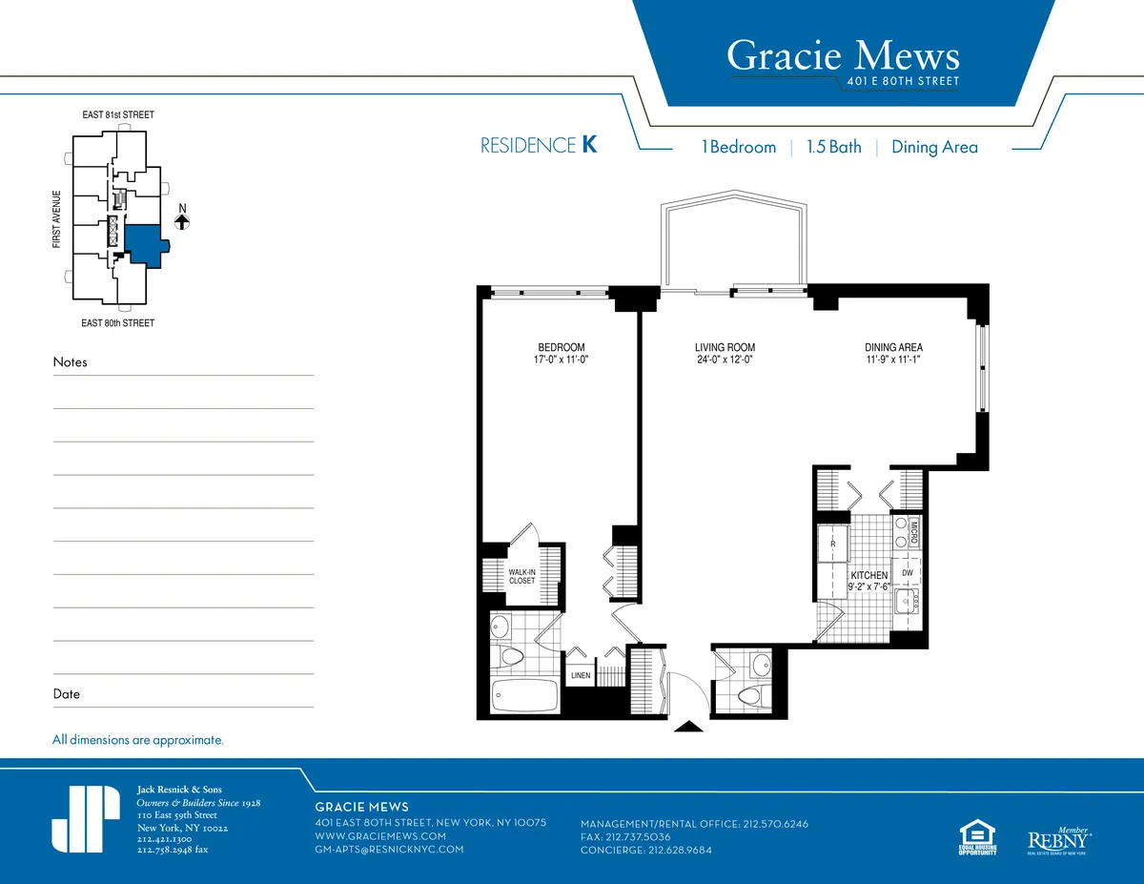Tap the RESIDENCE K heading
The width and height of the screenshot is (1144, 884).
pos(539,146)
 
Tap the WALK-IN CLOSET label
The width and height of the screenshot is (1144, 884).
pos(521,576)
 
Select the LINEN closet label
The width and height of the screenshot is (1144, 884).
pos(581,675)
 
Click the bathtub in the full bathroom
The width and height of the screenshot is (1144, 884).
pos(525,696)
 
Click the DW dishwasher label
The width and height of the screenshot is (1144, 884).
pos(907,573)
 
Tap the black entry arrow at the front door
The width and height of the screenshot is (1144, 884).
pos(688,727)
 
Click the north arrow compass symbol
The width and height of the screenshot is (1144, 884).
pos(182,220)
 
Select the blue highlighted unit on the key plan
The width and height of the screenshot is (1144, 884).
pos(144,243)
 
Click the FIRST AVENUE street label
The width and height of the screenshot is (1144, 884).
pos(57,219)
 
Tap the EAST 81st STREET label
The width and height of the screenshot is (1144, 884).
pos(117,114)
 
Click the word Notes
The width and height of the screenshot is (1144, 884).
pos(70,362)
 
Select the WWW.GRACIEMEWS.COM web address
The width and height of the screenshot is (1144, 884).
pos(380,835)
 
